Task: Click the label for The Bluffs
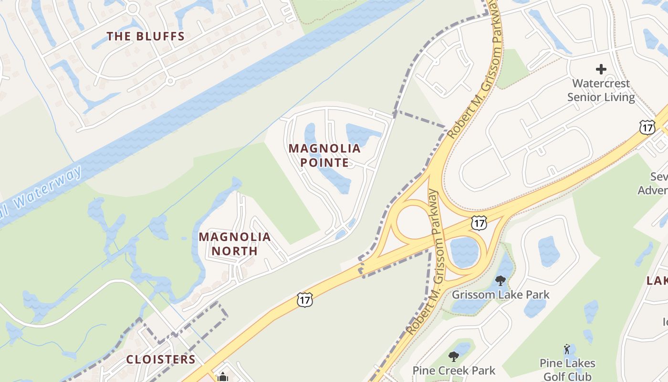pos(146,36)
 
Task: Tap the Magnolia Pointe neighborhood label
pos(324,155)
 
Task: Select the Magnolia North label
pos(234,244)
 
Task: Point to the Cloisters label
pos(161,359)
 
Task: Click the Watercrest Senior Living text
pos(601,90)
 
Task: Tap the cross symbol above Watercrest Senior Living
pos(601,69)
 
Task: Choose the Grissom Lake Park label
pos(501,295)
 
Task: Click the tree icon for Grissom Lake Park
pos(500,280)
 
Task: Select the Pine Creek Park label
pos(454,370)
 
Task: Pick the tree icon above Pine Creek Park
pos(454,356)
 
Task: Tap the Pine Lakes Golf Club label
pos(567,370)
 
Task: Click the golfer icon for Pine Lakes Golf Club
pos(567,349)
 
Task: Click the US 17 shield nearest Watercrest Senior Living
pos(647,127)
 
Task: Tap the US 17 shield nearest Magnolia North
pos(304,300)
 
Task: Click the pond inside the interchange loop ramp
pos(464,252)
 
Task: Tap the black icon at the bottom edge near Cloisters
pos(222,377)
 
